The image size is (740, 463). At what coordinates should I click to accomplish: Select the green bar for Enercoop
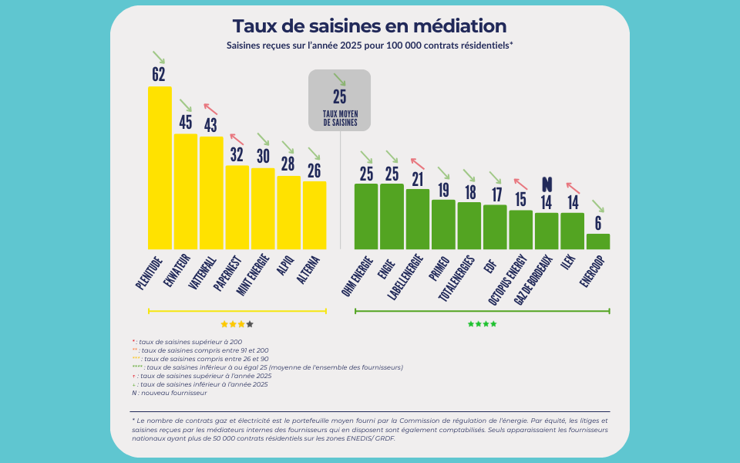(x=598, y=242)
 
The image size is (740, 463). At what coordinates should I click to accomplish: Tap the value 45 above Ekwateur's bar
(x=186, y=122)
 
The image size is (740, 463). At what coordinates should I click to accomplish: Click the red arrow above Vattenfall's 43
(x=210, y=109)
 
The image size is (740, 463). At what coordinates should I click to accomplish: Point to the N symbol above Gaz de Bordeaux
(x=547, y=184)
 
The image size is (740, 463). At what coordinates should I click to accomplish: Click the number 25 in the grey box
(x=340, y=96)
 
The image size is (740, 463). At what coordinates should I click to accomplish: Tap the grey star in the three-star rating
(x=250, y=324)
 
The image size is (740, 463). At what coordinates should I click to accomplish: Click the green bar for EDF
(x=495, y=227)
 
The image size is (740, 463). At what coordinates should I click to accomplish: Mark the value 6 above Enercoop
(x=598, y=222)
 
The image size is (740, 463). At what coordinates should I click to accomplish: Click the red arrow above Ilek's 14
(x=573, y=187)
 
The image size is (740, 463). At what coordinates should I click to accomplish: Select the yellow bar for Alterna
(x=314, y=215)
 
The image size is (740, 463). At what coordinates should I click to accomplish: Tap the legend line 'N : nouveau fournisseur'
(x=170, y=393)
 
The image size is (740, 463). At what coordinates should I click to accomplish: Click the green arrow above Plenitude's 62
(x=159, y=57)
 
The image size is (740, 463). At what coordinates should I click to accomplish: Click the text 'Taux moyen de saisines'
(x=340, y=118)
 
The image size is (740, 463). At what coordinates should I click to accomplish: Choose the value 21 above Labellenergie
(x=418, y=179)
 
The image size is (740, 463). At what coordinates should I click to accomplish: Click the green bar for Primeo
(x=443, y=225)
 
